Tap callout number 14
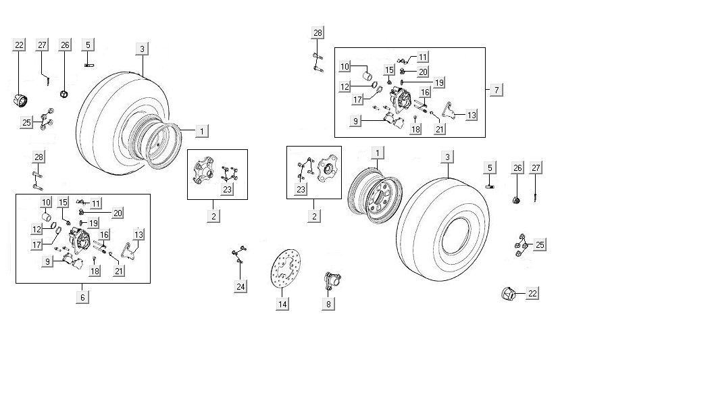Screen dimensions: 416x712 [282, 305]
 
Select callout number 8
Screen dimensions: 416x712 [329, 304]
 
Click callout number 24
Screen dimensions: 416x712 [241, 286]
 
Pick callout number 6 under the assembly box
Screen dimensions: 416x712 [82, 297]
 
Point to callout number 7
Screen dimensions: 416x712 [497, 90]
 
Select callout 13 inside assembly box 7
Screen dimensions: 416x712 [471, 115]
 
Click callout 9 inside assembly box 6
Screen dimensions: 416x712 [48, 261]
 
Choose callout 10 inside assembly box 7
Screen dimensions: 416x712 [345, 67]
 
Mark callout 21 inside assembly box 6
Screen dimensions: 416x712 [120, 271]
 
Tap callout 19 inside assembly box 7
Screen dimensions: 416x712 [438, 82]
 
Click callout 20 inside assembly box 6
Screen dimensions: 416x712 [118, 213]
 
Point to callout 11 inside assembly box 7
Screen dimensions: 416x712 [423, 57]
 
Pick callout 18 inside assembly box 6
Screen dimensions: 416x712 [95, 271]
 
